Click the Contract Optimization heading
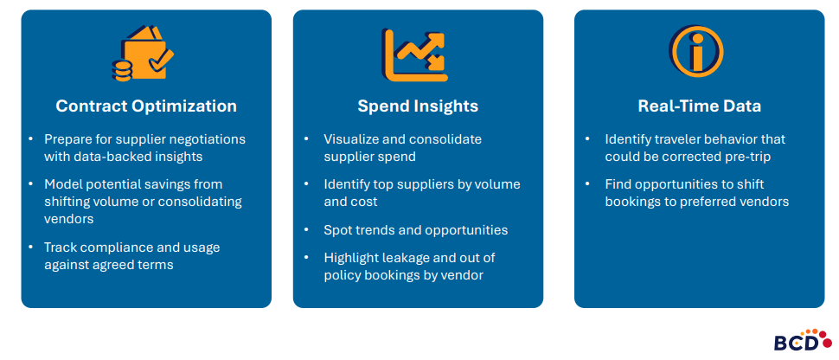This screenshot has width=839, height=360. [146, 106]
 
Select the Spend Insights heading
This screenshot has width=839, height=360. [418, 106]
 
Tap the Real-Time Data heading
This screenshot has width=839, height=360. [699, 106]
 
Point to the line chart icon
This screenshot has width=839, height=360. [414, 54]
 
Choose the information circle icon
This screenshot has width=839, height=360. [695, 51]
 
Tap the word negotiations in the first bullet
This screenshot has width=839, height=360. [204, 138]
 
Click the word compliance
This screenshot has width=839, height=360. [110, 247]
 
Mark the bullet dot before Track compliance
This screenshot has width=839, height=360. [30, 247]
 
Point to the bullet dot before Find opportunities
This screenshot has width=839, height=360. [588, 184]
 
